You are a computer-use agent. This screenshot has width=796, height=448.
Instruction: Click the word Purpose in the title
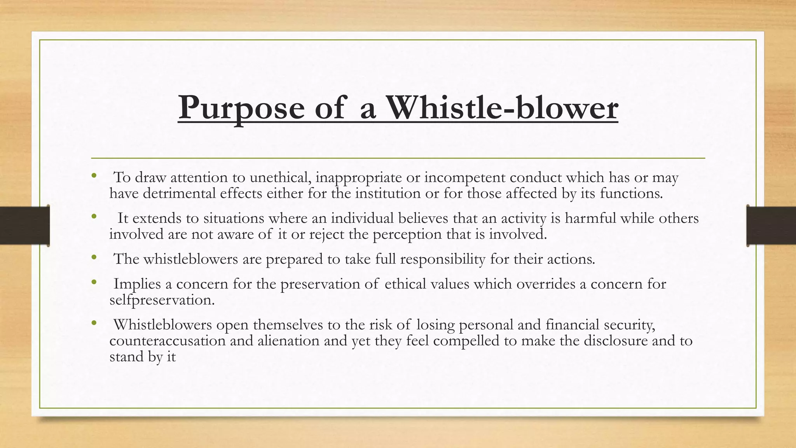(x=241, y=108)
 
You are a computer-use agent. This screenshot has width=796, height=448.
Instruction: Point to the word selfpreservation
(x=162, y=300)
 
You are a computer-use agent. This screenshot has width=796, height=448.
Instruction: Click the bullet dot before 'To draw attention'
(x=93, y=176)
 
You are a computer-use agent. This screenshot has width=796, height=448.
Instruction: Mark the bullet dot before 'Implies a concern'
(x=93, y=283)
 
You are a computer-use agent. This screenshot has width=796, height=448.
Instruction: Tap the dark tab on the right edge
(x=771, y=226)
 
